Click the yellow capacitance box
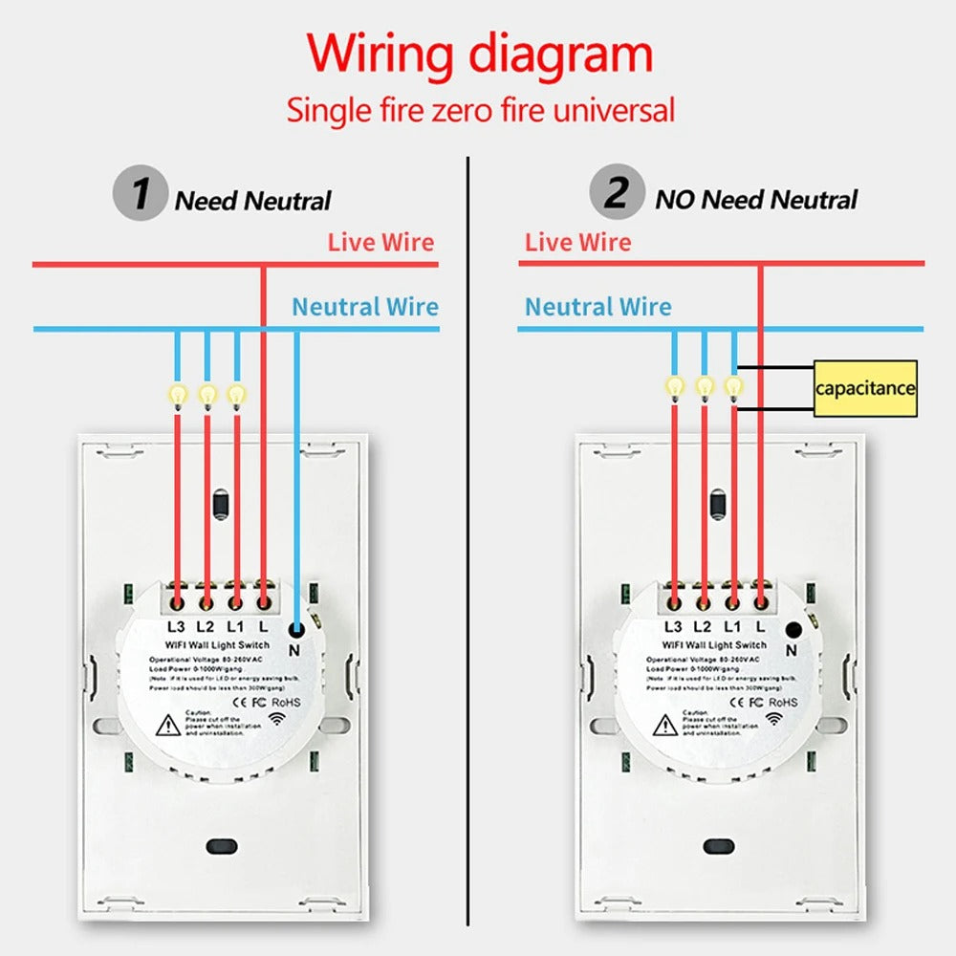864,388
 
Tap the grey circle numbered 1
141,194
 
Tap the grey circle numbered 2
617,194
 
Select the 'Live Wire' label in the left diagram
380,242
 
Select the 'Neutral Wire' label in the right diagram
597,307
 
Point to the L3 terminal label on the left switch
176,627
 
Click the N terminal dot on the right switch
793,629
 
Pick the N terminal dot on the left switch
296,628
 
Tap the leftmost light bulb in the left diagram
177,393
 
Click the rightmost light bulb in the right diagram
733,385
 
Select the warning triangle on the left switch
169,724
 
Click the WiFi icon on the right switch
772,717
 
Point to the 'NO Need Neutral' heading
755,200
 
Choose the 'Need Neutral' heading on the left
252,201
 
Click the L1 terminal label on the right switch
732,626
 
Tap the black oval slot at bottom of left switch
221,846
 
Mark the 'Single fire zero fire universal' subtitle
481,110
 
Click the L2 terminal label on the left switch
205,627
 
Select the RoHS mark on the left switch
287,701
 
